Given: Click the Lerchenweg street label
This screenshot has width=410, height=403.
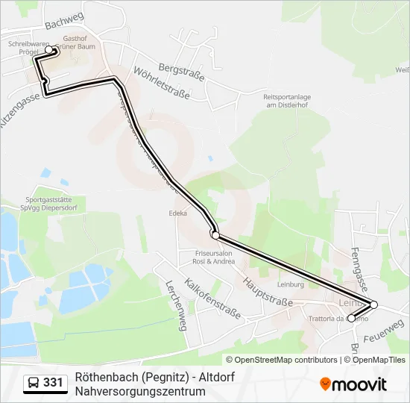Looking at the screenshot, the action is tap(175, 309).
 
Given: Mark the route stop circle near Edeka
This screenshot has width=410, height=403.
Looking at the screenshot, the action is tap(215, 235).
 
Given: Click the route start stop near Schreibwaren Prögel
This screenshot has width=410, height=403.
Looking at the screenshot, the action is tap(49, 50).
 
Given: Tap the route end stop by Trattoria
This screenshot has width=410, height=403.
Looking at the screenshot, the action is tap(351, 319).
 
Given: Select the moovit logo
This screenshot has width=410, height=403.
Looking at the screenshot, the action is tap(353, 384).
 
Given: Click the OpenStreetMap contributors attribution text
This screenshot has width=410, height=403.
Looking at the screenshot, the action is tap(281, 360).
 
